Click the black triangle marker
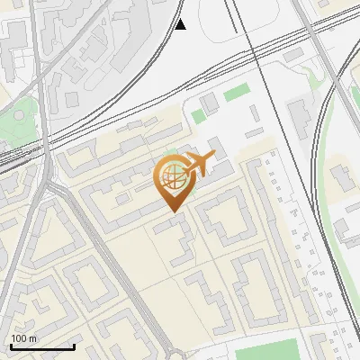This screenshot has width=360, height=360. tap(180, 24)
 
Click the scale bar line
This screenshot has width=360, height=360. tap(42, 346)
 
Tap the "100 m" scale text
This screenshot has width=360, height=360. tap(24, 338)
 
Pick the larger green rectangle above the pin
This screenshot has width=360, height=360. tap(236, 92)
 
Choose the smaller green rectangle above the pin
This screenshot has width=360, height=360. tap(198, 116)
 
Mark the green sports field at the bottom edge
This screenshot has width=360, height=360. tap(270, 351)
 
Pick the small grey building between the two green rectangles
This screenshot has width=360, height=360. tap(210, 105)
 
